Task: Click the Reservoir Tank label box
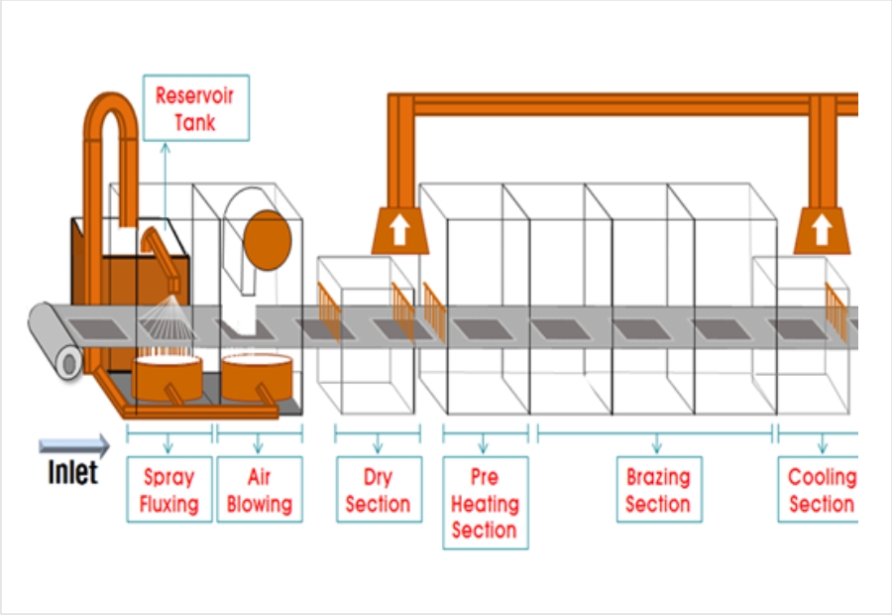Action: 195,108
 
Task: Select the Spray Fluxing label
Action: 168,489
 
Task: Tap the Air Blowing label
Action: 259,489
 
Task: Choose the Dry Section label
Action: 378,489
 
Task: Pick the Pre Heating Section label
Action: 485,502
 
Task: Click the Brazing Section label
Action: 657,489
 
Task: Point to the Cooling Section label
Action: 819,489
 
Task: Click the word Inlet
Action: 73,472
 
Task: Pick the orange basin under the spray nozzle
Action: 167,378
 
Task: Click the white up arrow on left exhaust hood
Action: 399,231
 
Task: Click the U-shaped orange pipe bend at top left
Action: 111,109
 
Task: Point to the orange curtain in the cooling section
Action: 836,310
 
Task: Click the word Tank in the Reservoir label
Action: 195,122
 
